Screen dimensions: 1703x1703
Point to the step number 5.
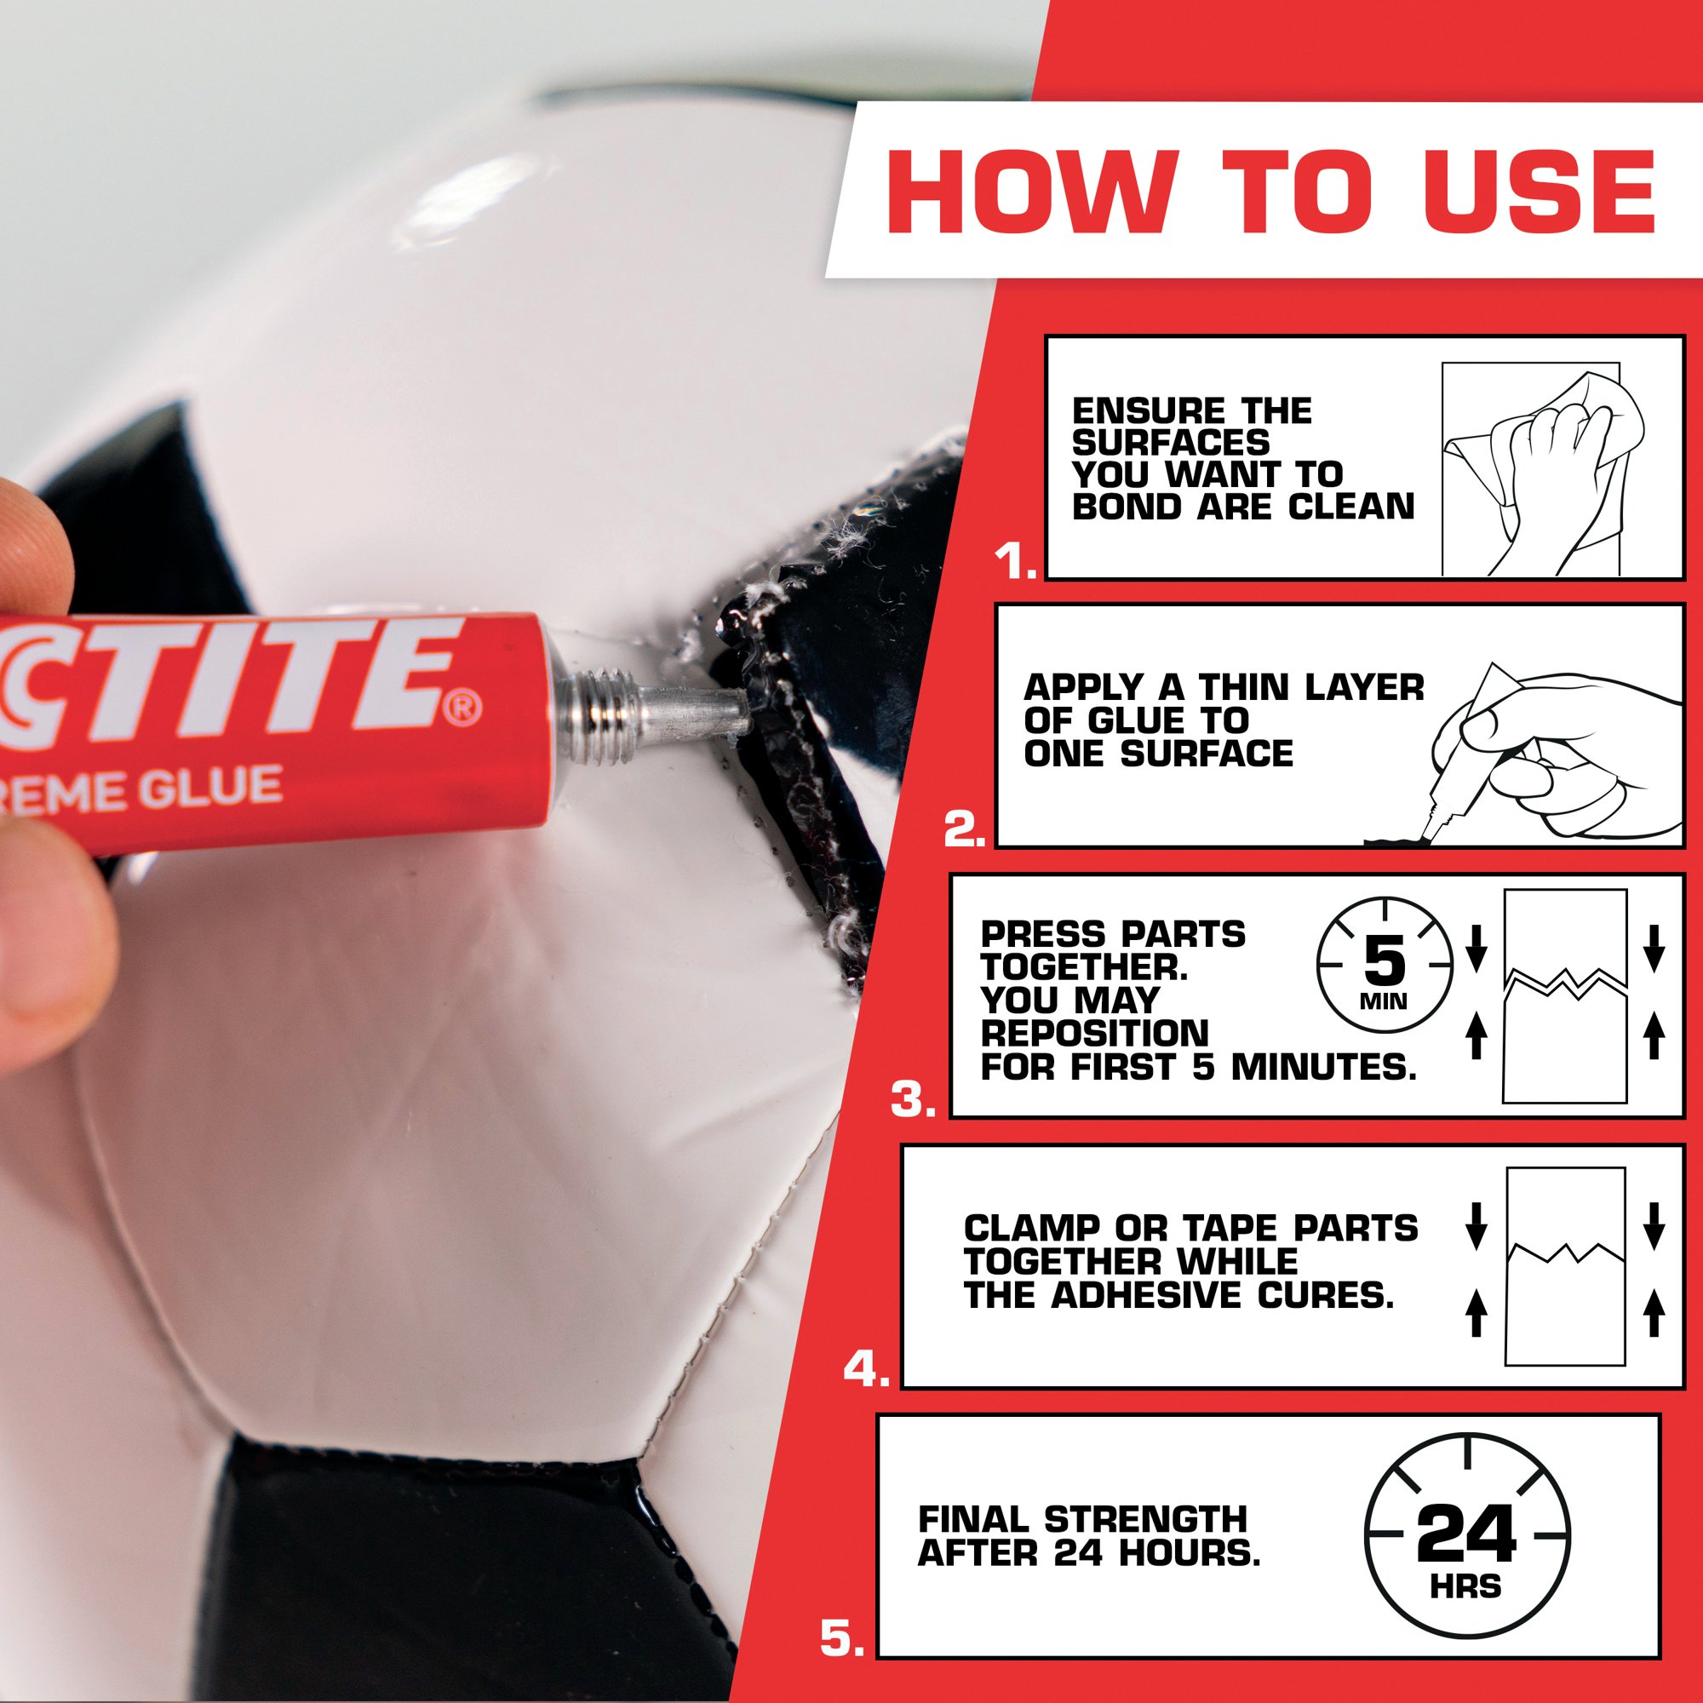coord(843,1637)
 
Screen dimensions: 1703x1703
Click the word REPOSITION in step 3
coord(1095,1032)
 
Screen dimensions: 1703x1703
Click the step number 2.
coord(966,831)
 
